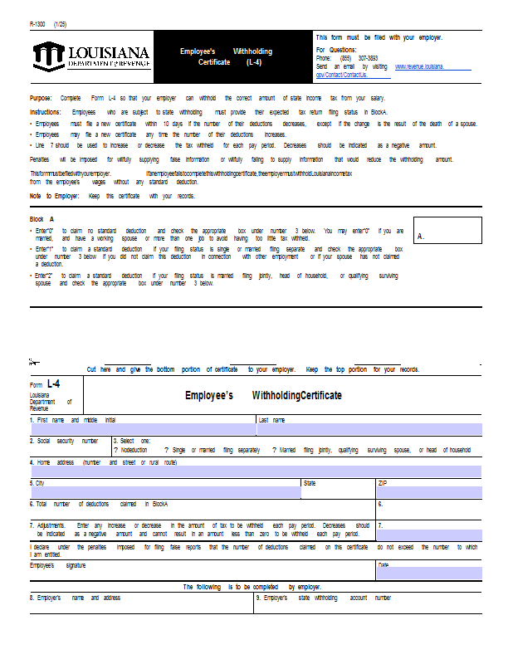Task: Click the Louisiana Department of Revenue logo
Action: pos(92,56)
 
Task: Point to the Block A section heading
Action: pos(42,219)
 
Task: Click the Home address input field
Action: pos(256,471)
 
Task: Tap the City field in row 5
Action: pos(164,492)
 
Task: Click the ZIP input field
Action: pos(429,492)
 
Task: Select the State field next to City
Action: pos(338,492)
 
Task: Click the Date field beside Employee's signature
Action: pos(429,573)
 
